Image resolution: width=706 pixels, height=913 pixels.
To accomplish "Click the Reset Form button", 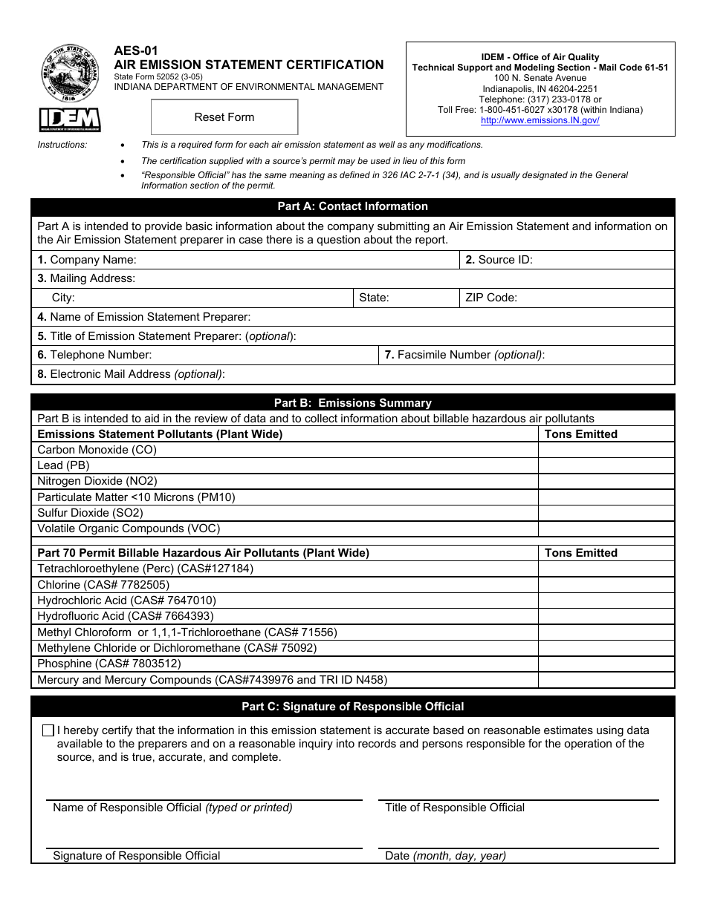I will click(x=224, y=117).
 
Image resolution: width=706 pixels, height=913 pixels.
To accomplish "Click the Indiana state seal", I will click(x=70, y=73).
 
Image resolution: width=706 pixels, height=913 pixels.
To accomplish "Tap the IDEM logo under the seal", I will click(x=70, y=120).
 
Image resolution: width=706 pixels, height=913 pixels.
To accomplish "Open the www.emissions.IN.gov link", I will click(x=540, y=120).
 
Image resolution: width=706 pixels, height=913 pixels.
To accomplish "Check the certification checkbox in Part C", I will click(x=48, y=730).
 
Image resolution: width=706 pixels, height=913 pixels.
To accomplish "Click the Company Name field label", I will click(x=87, y=260).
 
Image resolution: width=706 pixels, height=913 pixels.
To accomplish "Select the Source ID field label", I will click(x=499, y=260).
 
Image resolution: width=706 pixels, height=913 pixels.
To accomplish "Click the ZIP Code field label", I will click(x=490, y=298).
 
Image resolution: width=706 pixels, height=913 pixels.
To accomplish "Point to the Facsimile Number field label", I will click(x=464, y=355).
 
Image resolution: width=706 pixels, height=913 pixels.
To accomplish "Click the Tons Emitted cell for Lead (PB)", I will click(x=606, y=465).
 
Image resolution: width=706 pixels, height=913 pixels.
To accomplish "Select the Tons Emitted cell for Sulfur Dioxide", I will click(x=606, y=513).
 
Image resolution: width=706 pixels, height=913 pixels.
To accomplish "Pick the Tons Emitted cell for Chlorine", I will click(x=606, y=585).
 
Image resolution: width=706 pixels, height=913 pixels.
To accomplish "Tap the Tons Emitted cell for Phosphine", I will click(x=606, y=664).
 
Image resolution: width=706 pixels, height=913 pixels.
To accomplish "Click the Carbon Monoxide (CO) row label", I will click(x=97, y=450).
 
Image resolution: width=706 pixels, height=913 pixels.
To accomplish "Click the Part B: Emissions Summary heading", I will click(x=352, y=403).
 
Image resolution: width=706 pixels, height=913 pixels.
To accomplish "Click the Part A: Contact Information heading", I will click(x=352, y=206).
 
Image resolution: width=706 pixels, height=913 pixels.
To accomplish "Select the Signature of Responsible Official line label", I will click(x=136, y=856).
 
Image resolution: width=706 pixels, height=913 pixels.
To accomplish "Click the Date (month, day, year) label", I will click(x=445, y=856).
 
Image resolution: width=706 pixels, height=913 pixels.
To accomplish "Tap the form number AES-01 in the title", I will click(x=136, y=51).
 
